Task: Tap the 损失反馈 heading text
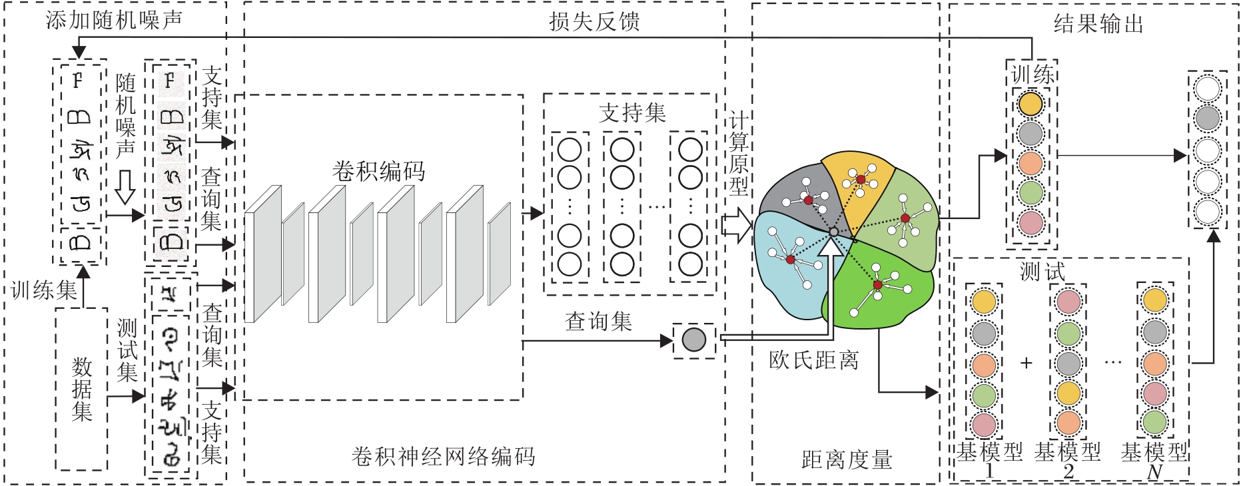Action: pyautogui.click(x=594, y=21)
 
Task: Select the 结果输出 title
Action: pyautogui.click(x=1098, y=25)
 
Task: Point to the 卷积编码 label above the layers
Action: pyautogui.click(x=378, y=171)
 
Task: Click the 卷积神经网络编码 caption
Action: pyautogui.click(x=443, y=456)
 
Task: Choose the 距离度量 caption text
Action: pyautogui.click(x=846, y=459)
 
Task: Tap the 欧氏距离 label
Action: pyautogui.click(x=813, y=360)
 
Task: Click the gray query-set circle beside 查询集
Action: pyautogui.click(x=693, y=340)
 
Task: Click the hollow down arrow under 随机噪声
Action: pyautogui.click(x=125, y=187)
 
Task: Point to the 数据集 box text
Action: pyautogui.click(x=82, y=389)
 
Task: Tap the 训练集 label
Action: pyautogui.click(x=44, y=290)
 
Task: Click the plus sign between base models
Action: pyautogui.click(x=1026, y=363)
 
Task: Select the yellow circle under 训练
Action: pyautogui.click(x=1030, y=104)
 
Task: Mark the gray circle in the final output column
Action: pyautogui.click(x=1207, y=119)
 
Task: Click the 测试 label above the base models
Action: pyautogui.click(x=1042, y=271)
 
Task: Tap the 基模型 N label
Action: pyautogui.click(x=1154, y=461)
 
